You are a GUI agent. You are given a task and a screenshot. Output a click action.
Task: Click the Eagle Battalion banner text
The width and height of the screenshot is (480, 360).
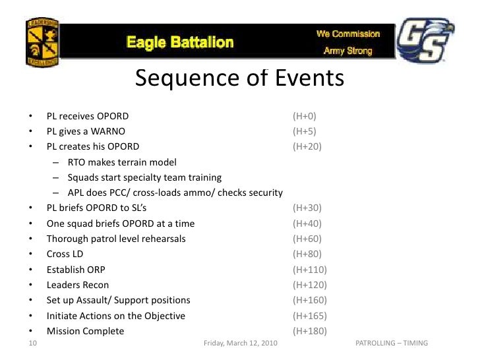coord(180,43)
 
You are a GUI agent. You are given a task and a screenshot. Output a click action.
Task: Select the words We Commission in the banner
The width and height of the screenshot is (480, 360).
coord(347,33)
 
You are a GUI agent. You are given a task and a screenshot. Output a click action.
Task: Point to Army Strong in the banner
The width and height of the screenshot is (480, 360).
coord(347,51)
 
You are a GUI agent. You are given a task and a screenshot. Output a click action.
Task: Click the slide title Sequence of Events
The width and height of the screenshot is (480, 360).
coord(239,78)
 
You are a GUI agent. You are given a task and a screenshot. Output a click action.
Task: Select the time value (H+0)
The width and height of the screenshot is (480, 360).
coord(305,116)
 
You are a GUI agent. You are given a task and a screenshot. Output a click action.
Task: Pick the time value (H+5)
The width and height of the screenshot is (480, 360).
coord(305,131)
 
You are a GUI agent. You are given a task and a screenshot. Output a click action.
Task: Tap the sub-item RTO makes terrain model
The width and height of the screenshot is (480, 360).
coord(122,162)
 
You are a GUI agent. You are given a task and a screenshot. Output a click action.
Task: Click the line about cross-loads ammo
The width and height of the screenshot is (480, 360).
coord(175,193)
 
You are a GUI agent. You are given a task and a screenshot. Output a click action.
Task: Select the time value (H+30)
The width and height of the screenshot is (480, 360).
coord(307,208)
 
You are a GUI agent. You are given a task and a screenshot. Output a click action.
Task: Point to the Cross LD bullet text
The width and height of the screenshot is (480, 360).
coord(65,254)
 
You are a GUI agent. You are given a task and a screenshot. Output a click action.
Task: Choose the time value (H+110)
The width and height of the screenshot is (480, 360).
coord(310,270)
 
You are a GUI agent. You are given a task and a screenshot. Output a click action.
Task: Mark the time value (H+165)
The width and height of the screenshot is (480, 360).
coord(310,316)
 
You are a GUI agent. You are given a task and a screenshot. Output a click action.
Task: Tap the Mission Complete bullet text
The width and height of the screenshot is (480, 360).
coord(85,331)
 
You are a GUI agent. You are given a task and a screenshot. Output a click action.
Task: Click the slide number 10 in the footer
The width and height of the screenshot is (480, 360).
coord(32,344)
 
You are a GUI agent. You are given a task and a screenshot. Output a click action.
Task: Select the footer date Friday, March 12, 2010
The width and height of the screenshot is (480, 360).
coord(241,344)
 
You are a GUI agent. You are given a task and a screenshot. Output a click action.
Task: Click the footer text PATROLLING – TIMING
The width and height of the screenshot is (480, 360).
coord(392,344)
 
